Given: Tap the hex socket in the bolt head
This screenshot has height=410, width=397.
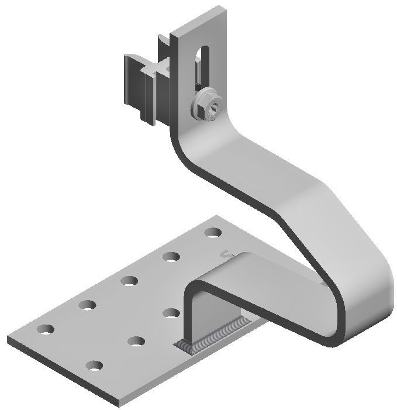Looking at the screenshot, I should pyautogui.click(x=216, y=106).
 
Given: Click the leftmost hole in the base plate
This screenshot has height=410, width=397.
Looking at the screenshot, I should pyautogui.click(x=45, y=329).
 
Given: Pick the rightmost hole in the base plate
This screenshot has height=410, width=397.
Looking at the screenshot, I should pyautogui.click(x=213, y=233).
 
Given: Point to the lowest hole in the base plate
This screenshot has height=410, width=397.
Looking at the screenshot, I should pyautogui.click(x=94, y=366).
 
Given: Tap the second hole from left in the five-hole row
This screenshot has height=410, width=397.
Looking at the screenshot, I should pyautogui.click(x=88, y=304).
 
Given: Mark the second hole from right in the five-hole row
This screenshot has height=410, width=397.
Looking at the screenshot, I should pyautogui.click(x=171, y=256).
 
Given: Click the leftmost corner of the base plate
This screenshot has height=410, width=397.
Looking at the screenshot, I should pyautogui.click(x=8, y=339).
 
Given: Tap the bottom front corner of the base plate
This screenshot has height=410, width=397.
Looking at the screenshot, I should pyautogui.click(x=117, y=404).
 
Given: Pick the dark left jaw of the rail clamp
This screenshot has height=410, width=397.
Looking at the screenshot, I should pyautogui.click(x=132, y=82).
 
